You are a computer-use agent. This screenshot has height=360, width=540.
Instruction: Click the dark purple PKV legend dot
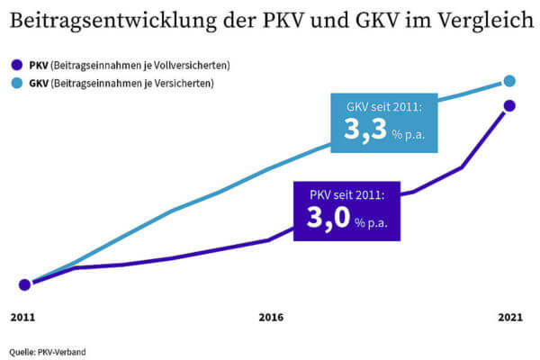pyautogui.click(x=15, y=65)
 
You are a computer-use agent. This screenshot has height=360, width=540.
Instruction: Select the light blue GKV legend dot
pyautogui.click(x=15, y=83)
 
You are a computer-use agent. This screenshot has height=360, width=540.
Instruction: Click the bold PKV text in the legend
pyautogui.click(x=40, y=65)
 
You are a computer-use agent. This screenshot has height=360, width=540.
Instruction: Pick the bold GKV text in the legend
pyautogui.click(x=40, y=83)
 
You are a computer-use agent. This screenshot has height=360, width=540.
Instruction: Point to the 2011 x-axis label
pyautogui.click(x=23, y=318)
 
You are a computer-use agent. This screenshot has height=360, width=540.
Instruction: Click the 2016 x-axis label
pyautogui.click(x=271, y=318)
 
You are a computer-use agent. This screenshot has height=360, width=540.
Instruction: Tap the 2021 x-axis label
pyautogui.click(x=509, y=318)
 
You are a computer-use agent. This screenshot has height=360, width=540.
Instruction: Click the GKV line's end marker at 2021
pyautogui.click(x=509, y=81)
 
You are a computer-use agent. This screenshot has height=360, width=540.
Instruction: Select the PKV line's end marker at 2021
pyautogui.click(x=509, y=105)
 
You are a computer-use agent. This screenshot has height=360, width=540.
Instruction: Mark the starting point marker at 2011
pyautogui.click(x=25, y=284)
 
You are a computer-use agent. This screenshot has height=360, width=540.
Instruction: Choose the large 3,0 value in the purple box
pyautogui.click(x=329, y=219)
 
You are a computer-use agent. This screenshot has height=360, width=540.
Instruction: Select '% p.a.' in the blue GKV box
pyautogui.click(x=409, y=135)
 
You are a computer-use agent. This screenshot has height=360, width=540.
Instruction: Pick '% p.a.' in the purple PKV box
pyautogui.click(x=372, y=223)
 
